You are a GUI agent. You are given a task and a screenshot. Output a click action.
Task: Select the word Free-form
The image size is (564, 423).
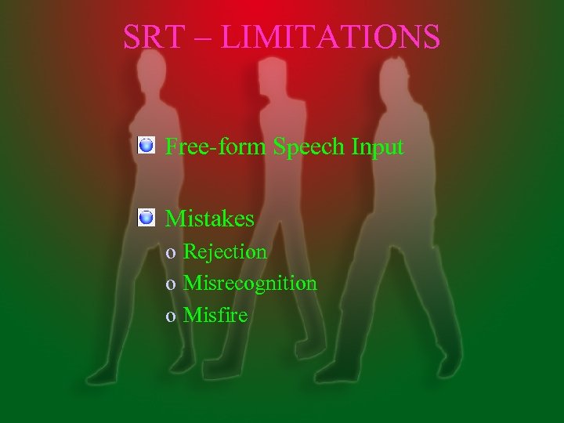[x=217, y=146]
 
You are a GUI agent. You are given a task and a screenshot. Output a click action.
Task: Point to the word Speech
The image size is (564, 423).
[x=309, y=147]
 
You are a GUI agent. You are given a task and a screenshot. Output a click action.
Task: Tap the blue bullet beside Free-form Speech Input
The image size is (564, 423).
[x=145, y=145]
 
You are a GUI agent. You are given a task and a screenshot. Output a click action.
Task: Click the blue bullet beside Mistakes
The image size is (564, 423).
[x=145, y=217]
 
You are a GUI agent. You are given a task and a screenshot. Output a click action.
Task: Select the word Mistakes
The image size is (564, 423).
[x=210, y=218]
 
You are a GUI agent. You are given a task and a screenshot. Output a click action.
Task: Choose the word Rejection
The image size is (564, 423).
[x=225, y=251]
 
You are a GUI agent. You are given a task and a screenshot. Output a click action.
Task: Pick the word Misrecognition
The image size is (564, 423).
[x=250, y=284]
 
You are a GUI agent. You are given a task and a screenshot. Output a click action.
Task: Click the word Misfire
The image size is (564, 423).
[x=215, y=316]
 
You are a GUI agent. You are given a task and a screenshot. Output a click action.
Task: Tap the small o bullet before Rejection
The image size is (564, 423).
[x=170, y=253]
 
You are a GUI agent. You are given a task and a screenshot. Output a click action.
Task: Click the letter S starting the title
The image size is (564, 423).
[x=132, y=37]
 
